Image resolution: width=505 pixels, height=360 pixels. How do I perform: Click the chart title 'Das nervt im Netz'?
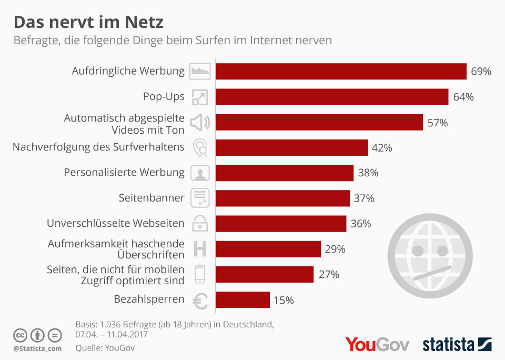88,22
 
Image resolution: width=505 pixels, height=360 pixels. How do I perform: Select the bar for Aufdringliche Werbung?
341,71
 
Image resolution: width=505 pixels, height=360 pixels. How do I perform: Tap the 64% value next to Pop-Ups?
463,97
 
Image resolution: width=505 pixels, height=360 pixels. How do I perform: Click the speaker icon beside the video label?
200,123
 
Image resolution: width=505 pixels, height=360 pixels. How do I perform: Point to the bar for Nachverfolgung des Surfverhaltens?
291,148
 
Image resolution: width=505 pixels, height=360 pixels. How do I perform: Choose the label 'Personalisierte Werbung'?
124,172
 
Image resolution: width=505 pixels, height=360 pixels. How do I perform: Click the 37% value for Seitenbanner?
364,198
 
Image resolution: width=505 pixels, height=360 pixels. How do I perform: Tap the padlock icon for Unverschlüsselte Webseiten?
200,223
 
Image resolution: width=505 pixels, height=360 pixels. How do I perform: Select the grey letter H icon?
200,248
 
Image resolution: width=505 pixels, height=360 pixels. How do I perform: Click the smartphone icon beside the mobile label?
200,274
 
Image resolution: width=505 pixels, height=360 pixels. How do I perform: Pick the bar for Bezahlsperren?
243,300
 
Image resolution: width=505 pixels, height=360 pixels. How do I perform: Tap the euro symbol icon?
200,301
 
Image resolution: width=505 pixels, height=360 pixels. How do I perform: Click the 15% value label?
284,301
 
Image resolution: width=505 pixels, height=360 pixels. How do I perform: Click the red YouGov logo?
377,345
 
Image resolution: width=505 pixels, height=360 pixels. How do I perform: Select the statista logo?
457,345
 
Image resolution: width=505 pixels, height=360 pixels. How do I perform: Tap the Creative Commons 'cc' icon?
20,335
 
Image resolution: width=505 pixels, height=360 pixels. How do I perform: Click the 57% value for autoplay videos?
438,123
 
